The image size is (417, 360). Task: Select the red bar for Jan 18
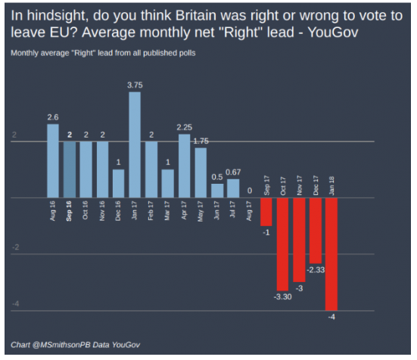pyautogui.click(x=331, y=253)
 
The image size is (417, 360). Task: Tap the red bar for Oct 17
pyautogui.click(x=282, y=244)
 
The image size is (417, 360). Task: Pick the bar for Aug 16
pyautogui.click(x=52, y=161)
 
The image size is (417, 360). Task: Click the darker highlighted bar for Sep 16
pyautogui.click(x=69, y=169)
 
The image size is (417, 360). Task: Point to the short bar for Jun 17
pyautogui.click(x=217, y=191)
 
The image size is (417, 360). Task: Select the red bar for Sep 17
pyautogui.click(x=266, y=212)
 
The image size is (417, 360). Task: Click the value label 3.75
pyautogui.click(x=135, y=85)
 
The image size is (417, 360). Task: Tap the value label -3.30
pyautogui.click(x=282, y=297)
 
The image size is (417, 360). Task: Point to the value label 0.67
pyautogui.click(x=234, y=172)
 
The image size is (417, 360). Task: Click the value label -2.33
pyautogui.click(x=316, y=270)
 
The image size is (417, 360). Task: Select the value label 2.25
pyautogui.click(x=184, y=127)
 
